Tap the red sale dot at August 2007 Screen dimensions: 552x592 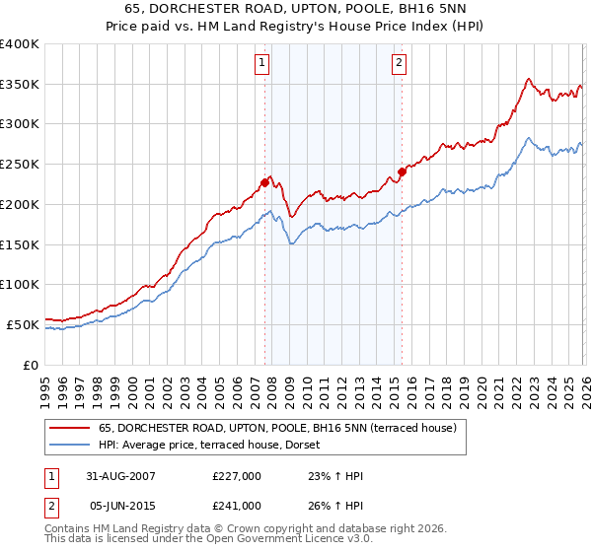pos(264,181)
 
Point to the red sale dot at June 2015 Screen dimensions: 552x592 pos(402,171)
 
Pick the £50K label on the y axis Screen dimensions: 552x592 pos(23,324)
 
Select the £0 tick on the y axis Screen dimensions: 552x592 pos(30,365)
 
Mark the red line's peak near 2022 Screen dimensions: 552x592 pos(529,79)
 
